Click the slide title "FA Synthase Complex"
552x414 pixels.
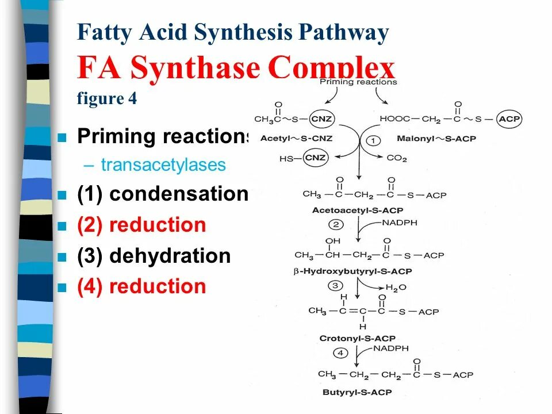(236, 68)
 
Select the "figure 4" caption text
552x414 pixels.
(107, 98)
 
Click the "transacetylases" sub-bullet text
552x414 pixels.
(163, 165)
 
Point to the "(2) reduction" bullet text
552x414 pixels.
(141, 225)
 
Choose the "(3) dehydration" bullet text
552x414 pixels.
(154, 256)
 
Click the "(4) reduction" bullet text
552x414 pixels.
(141, 286)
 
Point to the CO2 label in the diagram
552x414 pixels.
(397, 157)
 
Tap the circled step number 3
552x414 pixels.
(335, 285)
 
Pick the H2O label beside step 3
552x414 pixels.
(396, 286)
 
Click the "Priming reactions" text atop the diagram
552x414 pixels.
(358, 82)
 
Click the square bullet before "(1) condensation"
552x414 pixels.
(63, 195)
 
